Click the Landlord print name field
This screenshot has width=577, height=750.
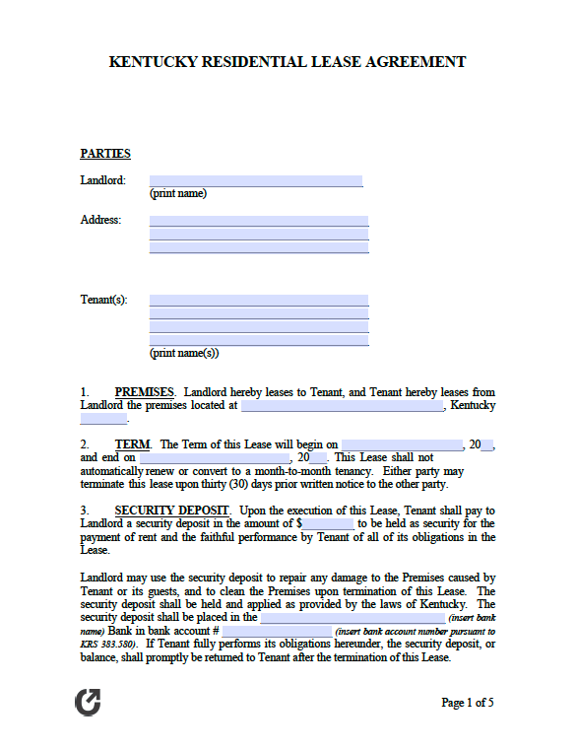click(256, 180)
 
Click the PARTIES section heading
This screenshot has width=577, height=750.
click(105, 154)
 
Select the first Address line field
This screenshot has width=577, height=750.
click(259, 221)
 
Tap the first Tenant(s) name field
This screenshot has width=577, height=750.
click(259, 300)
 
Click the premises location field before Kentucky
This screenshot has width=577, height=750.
click(342, 405)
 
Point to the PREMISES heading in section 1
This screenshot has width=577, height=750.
click(144, 392)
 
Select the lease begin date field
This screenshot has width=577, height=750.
click(402, 445)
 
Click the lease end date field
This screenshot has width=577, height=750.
click(216, 458)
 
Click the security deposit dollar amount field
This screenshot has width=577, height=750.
click(328, 523)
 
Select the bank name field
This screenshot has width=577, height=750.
click(352, 617)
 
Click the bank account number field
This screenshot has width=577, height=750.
click(277, 631)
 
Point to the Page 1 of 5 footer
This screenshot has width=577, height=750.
click(468, 703)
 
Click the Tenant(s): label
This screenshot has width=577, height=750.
click(103, 300)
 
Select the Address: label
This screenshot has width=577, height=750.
click(100, 220)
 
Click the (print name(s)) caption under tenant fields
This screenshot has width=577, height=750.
click(184, 353)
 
